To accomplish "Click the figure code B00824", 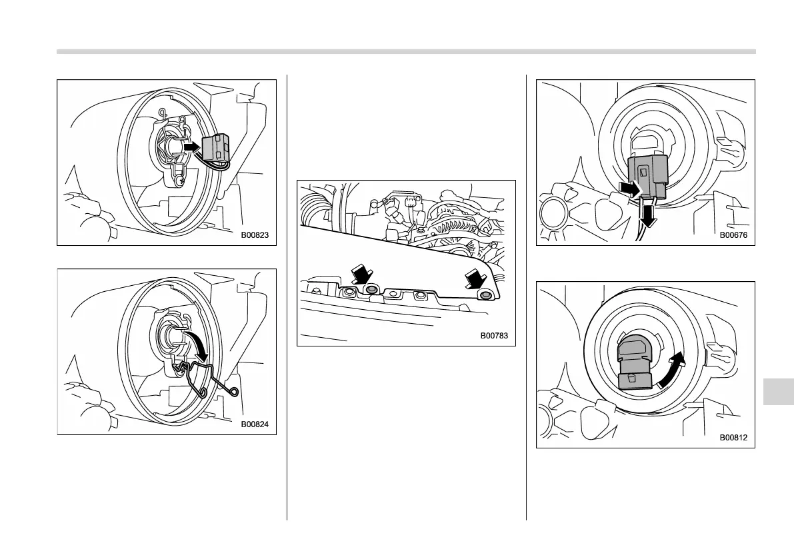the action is [259, 424].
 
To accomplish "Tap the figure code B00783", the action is [494, 336].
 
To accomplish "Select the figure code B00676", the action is [733, 235].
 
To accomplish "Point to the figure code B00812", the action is [733, 438].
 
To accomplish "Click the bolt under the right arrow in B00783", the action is [486, 295].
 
